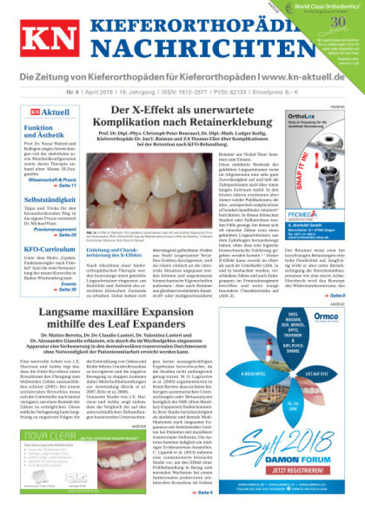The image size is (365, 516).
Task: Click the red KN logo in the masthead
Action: pyautogui.click(x=49, y=43)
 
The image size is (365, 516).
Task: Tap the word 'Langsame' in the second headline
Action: pyautogui.click(x=71, y=313)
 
